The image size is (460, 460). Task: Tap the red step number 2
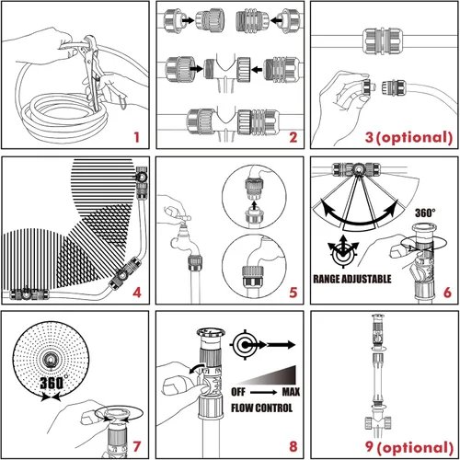coord(292,139)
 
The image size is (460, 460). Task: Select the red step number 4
coord(135,294)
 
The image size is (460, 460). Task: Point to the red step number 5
coord(292,294)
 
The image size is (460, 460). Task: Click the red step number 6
coord(446,294)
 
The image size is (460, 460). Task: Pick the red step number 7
coord(135,448)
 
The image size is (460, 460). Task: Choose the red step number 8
coord(292,448)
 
